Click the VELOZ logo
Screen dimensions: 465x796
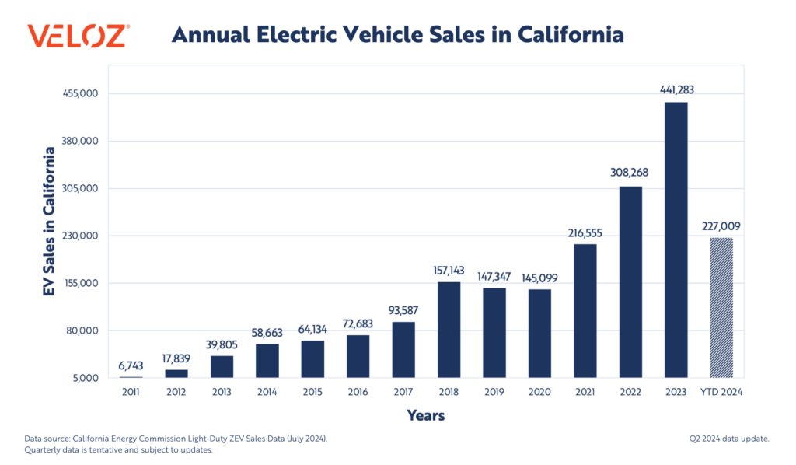[x=79, y=36]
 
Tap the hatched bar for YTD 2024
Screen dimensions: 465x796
[x=721, y=307]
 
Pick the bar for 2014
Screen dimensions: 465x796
[x=267, y=361]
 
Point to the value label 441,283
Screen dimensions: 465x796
[x=676, y=90]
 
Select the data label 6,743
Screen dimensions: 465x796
[x=131, y=365]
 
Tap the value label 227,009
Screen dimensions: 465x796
[x=721, y=226]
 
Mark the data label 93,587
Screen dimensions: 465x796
[x=403, y=310]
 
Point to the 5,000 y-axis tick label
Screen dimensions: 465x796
[x=86, y=379]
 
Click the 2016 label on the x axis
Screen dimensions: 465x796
[x=358, y=393]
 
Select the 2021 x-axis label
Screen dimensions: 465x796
[x=585, y=393]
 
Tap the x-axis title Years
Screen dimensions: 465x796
[x=426, y=416]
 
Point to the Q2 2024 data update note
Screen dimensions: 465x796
[x=728, y=439]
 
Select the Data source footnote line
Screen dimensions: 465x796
[x=176, y=439]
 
